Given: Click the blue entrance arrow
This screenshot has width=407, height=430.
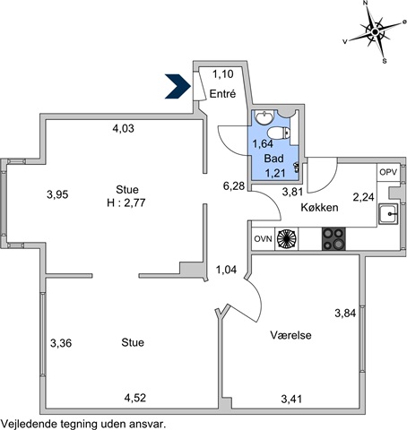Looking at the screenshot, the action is pos(178,86).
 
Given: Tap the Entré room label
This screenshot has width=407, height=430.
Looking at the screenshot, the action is pos(222,94).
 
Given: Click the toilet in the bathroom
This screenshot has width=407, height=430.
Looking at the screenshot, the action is pos(279,133).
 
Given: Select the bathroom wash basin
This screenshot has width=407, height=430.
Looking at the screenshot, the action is pos(264,116).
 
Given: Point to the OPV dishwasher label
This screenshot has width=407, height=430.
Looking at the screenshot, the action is pos(388,172).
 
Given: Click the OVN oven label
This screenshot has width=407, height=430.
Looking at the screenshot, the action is pos(263,239).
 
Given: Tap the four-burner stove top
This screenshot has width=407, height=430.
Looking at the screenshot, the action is pos(333,239).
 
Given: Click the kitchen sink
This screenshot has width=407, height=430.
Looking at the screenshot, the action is pos(388,214).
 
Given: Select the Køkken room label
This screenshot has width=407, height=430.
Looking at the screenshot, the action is pos(319,207).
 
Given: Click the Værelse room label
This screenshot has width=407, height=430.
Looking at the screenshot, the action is pos(290,335).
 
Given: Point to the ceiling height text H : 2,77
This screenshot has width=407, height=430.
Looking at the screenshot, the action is pos(126,203).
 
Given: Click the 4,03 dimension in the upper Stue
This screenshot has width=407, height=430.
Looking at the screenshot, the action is pos(123,129).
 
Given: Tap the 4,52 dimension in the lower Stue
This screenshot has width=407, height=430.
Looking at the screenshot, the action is pos(135,398).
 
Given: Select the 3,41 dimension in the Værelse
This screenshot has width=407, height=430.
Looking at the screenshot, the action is pos(291,399).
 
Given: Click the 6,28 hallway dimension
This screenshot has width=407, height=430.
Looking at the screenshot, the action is pos(234,186).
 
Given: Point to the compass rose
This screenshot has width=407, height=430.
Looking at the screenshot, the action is pos(375,31).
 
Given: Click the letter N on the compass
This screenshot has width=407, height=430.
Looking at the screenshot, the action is pos(365,3).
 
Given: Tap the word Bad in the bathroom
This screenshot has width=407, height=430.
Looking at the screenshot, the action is pos(273,159).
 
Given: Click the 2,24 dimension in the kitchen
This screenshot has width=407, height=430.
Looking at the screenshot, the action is pos(363,197).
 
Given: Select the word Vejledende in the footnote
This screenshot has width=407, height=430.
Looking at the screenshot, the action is pos(30,424).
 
